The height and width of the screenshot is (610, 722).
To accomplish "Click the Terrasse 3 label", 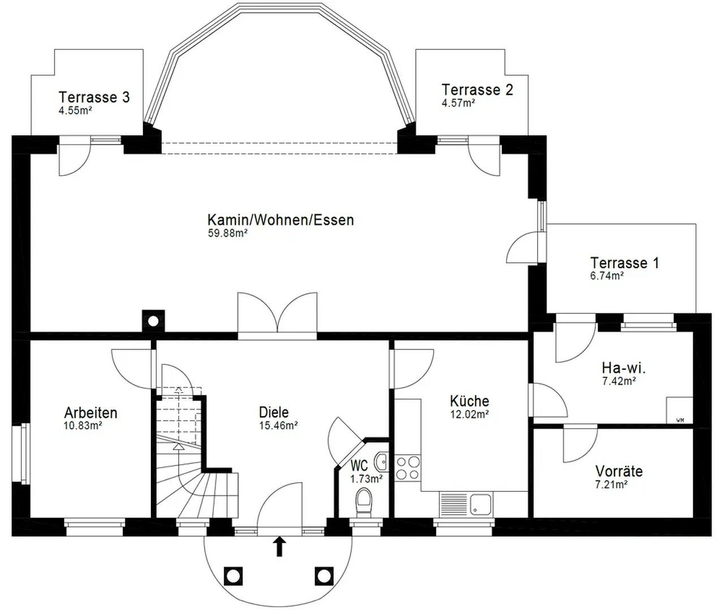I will (94, 97).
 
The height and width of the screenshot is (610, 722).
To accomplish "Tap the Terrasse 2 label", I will (477, 90).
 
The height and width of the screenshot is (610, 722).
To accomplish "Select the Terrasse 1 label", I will (624, 263).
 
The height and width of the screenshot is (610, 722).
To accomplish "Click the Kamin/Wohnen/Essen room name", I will (280, 220).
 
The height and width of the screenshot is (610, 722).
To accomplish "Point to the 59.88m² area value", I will (228, 233).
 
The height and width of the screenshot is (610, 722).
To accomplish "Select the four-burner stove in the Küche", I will (407, 467).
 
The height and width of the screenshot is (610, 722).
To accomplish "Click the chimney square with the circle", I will (153, 321).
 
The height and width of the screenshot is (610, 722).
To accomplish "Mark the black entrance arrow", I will (279, 547).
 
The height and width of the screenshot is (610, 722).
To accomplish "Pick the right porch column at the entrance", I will (323, 576).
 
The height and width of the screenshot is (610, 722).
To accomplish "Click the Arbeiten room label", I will (90, 412).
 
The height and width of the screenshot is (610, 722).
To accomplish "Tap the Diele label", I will (274, 412).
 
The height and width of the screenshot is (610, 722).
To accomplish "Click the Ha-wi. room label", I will (624, 368).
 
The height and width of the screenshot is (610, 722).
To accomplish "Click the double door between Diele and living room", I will (277, 316).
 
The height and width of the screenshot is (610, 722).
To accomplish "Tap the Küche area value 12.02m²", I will (469, 414).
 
